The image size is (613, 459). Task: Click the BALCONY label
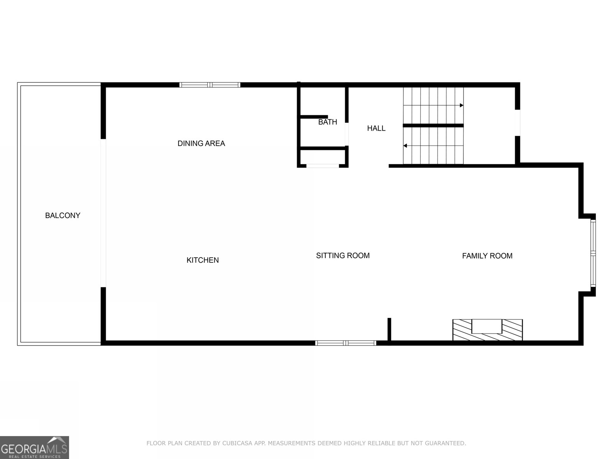(x=62, y=215)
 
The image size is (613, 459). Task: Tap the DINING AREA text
(x=201, y=143)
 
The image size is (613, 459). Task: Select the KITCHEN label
(x=202, y=260)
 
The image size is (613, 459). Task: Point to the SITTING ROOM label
(x=343, y=256)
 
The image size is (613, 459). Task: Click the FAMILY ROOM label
(x=487, y=256)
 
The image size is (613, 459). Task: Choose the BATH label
(x=328, y=122)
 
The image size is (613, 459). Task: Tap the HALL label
(x=376, y=128)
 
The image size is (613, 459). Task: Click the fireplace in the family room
(x=487, y=330)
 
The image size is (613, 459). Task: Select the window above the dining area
(x=210, y=85)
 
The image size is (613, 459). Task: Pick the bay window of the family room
(x=593, y=253)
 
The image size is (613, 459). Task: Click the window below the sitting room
(x=346, y=343)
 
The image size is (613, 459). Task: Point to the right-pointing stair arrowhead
(x=462, y=105)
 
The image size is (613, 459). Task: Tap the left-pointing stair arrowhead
(x=405, y=146)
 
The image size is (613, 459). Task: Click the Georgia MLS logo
(x=34, y=447)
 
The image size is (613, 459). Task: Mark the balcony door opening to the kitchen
(x=103, y=213)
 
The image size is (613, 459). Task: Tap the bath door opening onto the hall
(x=347, y=134)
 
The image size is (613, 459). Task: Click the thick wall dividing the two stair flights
(x=433, y=126)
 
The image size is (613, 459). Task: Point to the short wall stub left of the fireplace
(x=389, y=329)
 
